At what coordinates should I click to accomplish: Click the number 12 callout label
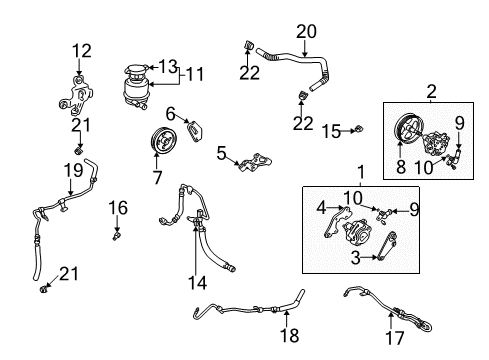(x=81, y=50)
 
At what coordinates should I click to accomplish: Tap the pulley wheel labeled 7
(x=158, y=143)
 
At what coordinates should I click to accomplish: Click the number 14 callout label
(x=198, y=283)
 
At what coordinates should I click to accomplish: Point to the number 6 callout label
(x=171, y=114)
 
